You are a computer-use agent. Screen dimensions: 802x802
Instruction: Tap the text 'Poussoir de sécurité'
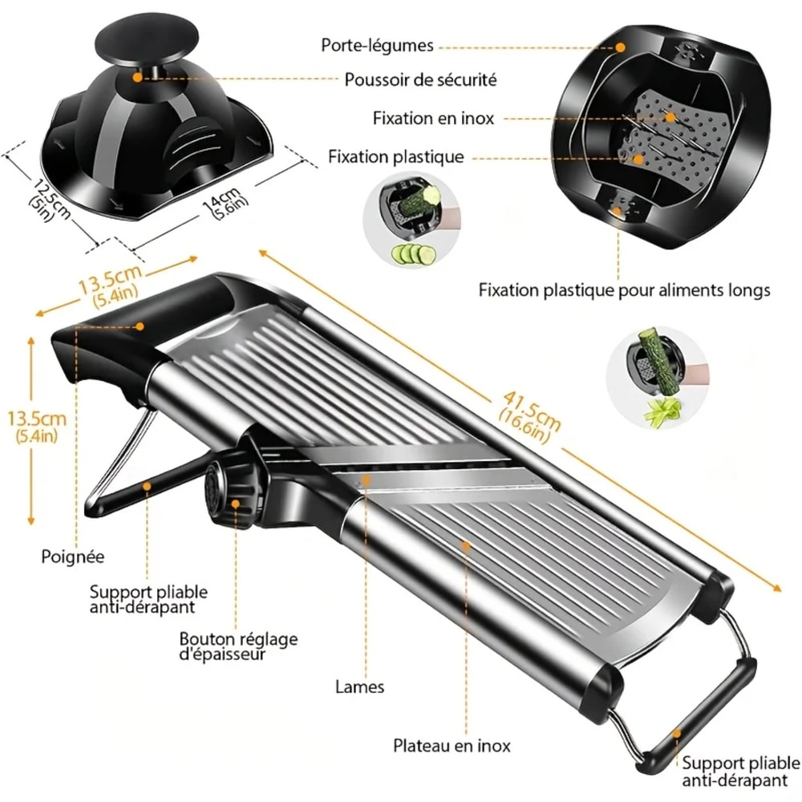coord(420,79)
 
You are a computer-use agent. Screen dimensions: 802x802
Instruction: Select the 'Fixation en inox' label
coord(433,118)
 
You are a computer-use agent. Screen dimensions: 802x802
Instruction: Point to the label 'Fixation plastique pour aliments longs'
coord(624,290)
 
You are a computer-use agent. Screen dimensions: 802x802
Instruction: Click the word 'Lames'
coord(359,687)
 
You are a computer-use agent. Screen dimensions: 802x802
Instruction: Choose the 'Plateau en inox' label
coord(452,745)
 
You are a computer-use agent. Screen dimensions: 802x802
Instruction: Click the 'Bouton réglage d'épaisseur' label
coord(237,646)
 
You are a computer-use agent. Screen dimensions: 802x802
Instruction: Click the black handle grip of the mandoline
coord(112,337)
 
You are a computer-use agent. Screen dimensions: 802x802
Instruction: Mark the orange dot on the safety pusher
coord(138,78)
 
